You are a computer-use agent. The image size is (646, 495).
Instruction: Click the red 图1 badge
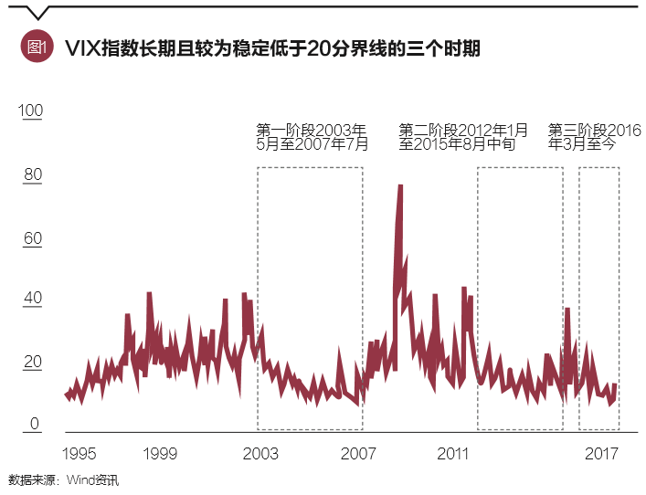(x=37, y=47)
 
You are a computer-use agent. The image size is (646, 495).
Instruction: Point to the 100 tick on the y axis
(x=30, y=111)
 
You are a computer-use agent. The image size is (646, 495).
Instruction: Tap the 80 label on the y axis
(x=32, y=174)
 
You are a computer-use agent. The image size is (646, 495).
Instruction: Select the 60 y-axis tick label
(x=32, y=238)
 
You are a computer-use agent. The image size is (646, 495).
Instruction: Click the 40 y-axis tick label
(x=32, y=299)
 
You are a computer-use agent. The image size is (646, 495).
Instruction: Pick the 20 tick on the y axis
(x=32, y=362)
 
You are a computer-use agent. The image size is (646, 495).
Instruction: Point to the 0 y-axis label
(x=34, y=424)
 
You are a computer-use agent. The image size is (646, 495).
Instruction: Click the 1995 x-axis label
(x=79, y=454)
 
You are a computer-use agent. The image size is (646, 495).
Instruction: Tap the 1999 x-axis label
(x=161, y=454)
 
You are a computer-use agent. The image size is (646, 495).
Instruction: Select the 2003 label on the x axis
(x=261, y=454)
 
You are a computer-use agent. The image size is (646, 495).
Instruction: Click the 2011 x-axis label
(x=453, y=454)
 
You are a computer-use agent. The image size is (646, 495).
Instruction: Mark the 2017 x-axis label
(x=604, y=454)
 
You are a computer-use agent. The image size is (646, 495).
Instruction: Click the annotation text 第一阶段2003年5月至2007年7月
(x=312, y=136)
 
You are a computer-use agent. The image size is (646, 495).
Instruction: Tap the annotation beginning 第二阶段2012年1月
(x=463, y=136)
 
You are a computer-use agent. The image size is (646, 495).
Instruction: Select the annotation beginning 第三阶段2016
(x=594, y=136)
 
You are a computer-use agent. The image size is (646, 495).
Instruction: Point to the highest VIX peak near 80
(x=400, y=186)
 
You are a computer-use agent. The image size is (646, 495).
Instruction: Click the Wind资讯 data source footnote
(x=64, y=480)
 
